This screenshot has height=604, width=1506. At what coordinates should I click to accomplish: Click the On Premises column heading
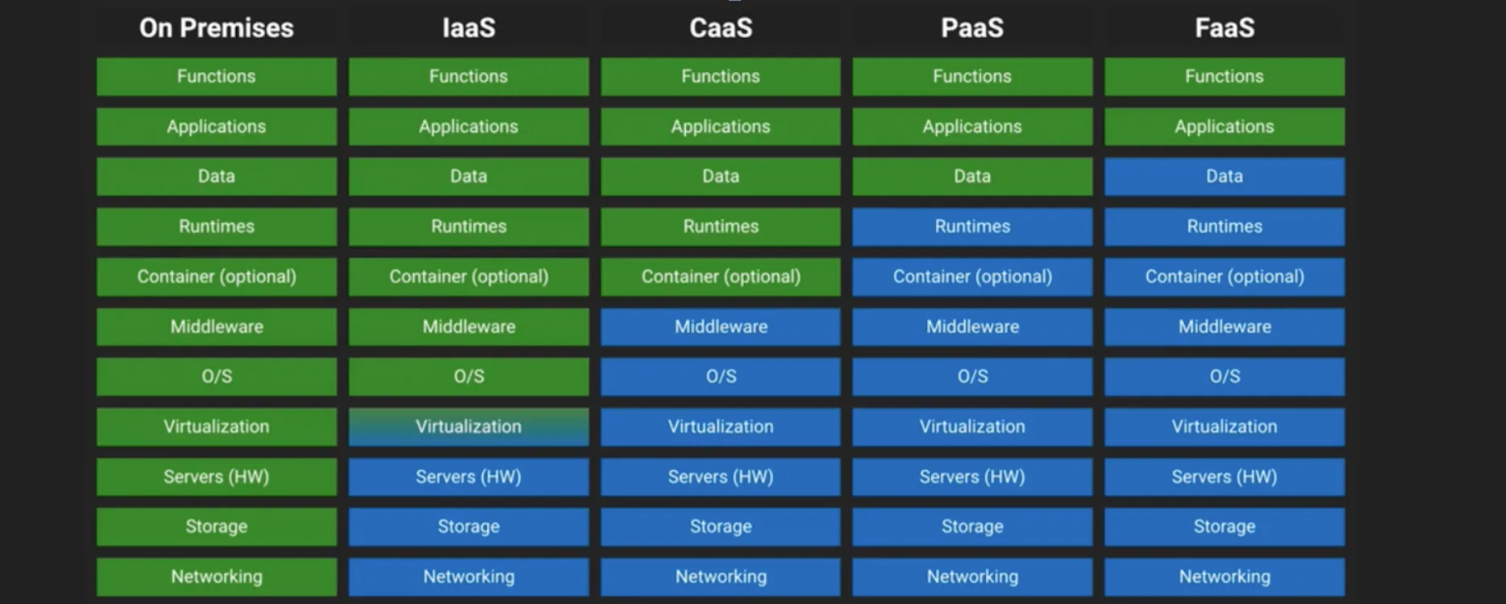tap(216, 28)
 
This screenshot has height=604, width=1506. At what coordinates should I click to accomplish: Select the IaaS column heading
tap(468, 28)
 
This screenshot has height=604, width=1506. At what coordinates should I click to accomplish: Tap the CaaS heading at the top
tap(721, 28)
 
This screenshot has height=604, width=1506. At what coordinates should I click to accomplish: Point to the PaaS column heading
tap(972, 28)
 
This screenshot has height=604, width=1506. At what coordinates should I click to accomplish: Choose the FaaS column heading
tap(1225, 28)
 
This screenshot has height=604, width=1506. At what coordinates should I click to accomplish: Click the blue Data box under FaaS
tap(1225, 176)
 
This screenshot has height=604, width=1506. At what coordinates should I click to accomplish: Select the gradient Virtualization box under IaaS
tap(468, 427)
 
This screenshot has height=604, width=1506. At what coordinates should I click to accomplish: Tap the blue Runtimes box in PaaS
tap(972, 226)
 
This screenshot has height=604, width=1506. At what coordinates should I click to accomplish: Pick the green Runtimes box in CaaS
tap(721, 226)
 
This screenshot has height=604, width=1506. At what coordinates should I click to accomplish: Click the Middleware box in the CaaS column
tap(721, 327)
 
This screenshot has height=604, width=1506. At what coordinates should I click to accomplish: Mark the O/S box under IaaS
tap(468, 377)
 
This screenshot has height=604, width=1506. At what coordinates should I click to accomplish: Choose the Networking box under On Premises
tap(217, 577)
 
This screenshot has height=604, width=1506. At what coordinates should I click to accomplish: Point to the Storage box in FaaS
tap(1225, 526)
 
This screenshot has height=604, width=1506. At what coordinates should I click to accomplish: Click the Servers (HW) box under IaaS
tap(468, 477)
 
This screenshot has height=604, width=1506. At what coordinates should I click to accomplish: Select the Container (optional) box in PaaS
tap(972, 277)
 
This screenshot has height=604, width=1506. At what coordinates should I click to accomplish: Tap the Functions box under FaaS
tap(1225, 77)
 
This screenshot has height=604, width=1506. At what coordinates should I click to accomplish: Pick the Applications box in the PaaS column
tap(972, 127)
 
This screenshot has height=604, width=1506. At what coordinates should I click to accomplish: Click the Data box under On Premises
tap(217, 176)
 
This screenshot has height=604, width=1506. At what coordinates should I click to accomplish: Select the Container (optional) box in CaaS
tap(721, 277)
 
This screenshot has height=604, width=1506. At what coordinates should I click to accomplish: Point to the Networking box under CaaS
tap(721, 577)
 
